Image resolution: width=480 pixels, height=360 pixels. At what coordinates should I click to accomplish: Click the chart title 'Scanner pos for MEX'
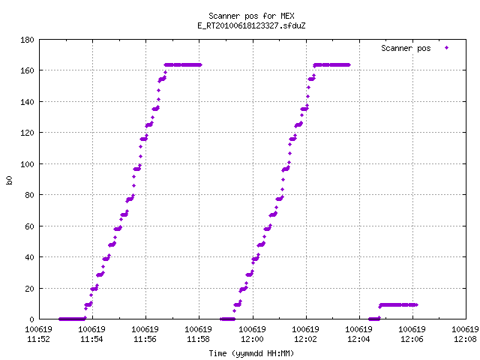251,16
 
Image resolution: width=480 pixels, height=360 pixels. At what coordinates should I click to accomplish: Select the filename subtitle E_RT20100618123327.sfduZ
251,25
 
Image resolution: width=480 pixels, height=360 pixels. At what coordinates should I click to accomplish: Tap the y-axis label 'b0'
10,180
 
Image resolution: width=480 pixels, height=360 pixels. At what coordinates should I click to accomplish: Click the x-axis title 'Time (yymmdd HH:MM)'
251,353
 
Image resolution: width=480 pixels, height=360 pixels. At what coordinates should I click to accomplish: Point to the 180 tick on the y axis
27,40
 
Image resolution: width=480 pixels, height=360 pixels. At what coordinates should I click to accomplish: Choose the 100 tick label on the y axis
27,164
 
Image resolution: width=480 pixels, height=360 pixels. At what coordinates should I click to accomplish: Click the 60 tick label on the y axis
29,226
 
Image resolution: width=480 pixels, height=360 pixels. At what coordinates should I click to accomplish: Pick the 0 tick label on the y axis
31,319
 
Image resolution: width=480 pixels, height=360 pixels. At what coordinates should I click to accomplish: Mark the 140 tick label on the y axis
27,102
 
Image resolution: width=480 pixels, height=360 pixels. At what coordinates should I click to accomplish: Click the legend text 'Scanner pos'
406,48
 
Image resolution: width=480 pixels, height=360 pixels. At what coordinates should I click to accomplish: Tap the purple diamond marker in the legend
447,48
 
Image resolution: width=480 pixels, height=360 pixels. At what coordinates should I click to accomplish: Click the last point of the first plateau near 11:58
200,65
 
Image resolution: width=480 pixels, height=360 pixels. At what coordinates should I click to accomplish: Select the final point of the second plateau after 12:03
349,65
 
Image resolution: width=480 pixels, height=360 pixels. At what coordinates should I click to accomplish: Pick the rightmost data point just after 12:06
417,305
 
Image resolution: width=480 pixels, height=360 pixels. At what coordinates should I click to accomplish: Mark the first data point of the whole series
60,319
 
